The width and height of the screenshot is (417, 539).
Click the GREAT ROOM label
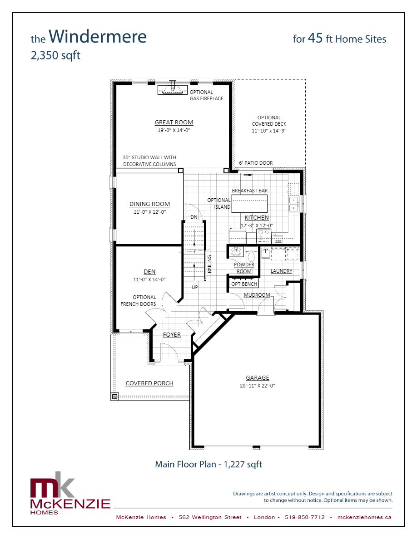[x=174, y=122]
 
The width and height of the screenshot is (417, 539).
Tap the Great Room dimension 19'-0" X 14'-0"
[x=174, y=130]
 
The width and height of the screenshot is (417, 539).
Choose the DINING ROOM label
[x=149, y=204]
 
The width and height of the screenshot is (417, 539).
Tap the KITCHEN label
[x=257, y=218]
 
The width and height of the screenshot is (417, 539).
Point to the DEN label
[x=149, y=272]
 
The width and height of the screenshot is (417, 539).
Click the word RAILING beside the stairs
[x=209, y=264]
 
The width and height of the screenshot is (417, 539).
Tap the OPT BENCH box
[x=244, y=284]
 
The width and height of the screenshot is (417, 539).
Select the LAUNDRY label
[x=281, y=271]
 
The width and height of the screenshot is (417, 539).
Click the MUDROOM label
[x=257, y=295]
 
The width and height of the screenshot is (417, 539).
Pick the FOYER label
[x=172, y=335]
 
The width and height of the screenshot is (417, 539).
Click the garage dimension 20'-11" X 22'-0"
[x=258, y=386]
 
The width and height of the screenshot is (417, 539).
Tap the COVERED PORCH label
[x=149, y=383]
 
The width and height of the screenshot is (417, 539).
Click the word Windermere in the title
[x=97, y=36]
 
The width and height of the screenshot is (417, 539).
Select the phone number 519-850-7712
[x=305, y=517]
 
